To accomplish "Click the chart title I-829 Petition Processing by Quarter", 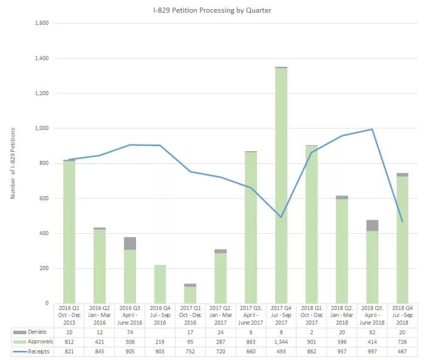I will click(x=212, y=10).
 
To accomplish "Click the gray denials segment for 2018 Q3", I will click(x=372, y=225).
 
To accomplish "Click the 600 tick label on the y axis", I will click(x=43, y=199).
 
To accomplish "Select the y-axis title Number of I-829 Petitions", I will click(x=13, y=163).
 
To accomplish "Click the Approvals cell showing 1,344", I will click(x=281, y=342).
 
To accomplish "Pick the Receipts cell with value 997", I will click(x=372, y=352).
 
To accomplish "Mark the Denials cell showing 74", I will click(x=130, y=333).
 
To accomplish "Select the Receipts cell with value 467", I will click(x=402, y=352).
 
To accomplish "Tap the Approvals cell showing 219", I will click(x=160, y=342).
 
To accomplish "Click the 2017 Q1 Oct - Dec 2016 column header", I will click(x=190, y=315).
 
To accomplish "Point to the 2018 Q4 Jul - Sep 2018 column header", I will click(x=402, y=315).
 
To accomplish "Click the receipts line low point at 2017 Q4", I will click(x=281, y=217).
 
